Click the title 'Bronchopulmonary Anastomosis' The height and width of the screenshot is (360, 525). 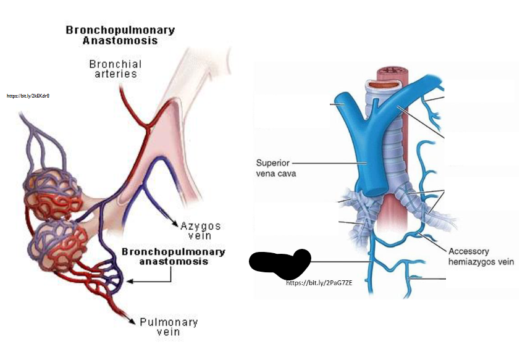coord(120,35)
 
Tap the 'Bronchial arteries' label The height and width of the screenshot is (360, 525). coord(115,69)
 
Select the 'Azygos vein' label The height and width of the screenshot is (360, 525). coord(200,230)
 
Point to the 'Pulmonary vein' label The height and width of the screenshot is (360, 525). coord(169,327)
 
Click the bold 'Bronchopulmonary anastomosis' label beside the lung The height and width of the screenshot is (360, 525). coord(173,256)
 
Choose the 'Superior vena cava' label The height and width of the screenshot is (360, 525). coord(276,168)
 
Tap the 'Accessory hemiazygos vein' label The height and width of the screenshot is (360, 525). coord(481,256)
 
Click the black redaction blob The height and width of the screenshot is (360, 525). coord(280,262)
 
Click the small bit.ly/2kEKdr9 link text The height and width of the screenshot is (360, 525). coord(28,96)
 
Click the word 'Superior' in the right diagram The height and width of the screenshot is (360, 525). coord(272,163)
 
